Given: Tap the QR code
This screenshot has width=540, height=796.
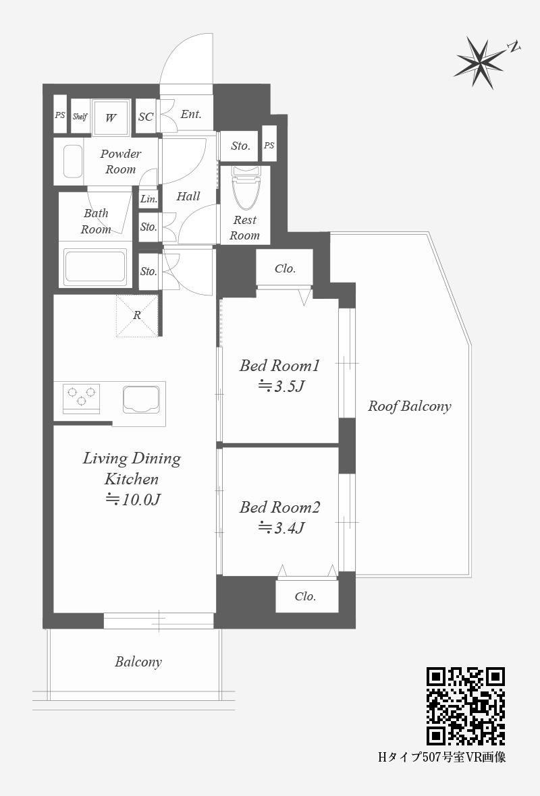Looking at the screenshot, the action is [465, 706].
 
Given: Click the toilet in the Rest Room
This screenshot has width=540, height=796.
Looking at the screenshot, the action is [244, 188].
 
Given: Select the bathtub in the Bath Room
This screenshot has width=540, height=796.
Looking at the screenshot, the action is [95, 266].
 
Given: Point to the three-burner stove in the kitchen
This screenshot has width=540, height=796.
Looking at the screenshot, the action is [81, 397].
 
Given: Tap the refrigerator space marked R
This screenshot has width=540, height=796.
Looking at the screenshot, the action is [136, 315].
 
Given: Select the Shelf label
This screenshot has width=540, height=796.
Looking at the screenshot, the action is [80, 117].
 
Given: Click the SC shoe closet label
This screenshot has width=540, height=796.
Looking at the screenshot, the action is [146, 117].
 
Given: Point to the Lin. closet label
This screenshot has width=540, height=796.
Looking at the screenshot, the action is [149, 199].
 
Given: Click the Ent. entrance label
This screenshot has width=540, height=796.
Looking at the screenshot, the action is [191, 114].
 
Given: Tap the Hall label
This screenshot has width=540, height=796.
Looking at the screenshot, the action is [188, 196].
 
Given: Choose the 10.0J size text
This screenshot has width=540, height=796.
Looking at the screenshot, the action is [133, 500].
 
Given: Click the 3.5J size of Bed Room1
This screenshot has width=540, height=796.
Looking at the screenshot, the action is [281, 387].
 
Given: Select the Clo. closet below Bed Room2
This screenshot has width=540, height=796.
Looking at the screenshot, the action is [307, 596].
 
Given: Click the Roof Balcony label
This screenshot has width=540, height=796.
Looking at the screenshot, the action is [410, 406].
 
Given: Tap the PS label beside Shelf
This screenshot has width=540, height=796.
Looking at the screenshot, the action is [60, 115].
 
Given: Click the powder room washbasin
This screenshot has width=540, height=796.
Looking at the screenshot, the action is [73, 162].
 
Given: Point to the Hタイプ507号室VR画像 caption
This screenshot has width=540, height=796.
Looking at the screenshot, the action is [442, 758].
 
